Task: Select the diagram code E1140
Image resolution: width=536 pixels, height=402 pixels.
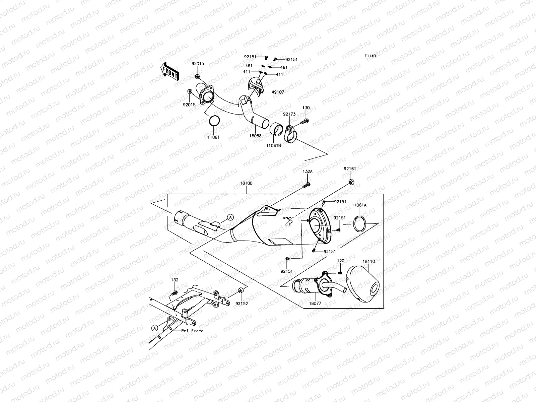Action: [371, 56]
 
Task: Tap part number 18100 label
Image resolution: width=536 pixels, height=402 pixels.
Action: [246, 184]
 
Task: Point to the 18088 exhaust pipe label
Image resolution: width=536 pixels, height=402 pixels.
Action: [255, 136]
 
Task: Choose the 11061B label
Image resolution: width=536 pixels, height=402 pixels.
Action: [274, 146]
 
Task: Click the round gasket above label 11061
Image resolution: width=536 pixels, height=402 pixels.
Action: [214, 121]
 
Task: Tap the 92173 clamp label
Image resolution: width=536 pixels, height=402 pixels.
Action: [289, 114]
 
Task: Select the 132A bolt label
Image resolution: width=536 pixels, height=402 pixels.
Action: [308, 172]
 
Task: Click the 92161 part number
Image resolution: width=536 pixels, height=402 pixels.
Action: [350, 169]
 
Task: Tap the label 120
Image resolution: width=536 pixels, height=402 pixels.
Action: [340, 261]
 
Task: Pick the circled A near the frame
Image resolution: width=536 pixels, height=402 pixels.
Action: [154, 328]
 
